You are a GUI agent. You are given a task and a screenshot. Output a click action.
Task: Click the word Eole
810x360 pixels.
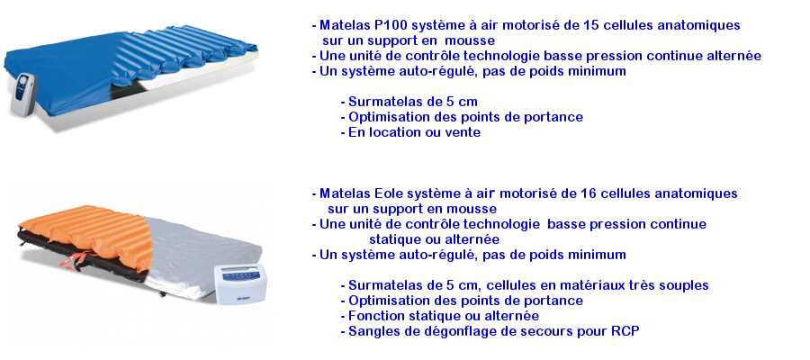tap(387, 193)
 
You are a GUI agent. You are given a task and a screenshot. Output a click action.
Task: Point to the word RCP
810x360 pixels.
tap(626, 331)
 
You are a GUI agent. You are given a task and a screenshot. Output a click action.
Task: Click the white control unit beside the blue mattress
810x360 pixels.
tap(24, 94)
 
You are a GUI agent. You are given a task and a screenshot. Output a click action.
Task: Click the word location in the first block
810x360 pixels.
tap(398, 132)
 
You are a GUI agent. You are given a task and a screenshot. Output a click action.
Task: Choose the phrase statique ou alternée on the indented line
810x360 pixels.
tap(434, 239)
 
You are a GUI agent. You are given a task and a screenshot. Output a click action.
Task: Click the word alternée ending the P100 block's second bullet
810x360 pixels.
tap(734, 56)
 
